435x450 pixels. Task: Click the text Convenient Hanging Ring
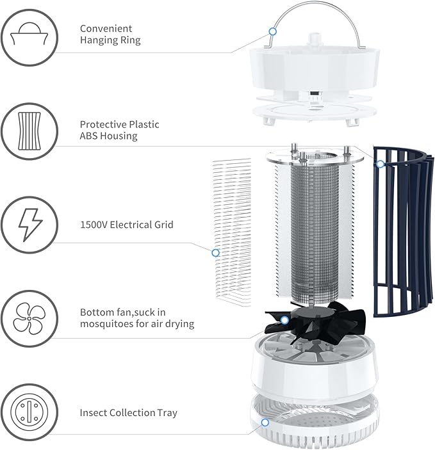pos(110,35)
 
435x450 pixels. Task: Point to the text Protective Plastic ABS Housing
pos(119,130)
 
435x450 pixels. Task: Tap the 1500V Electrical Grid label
pos(126,225)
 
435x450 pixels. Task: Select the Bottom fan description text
pos(136,318)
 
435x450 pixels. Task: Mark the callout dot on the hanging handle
pos(272,31)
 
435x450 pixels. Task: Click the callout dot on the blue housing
pos(380,165)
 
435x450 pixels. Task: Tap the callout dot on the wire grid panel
pos(215,253)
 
